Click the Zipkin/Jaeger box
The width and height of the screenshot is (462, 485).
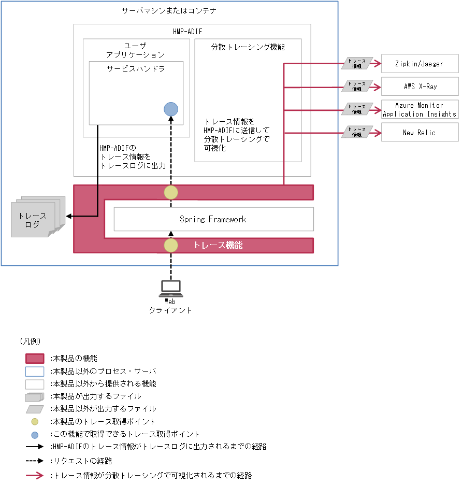click(420, 64)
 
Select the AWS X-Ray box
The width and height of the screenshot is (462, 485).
click(420, 87)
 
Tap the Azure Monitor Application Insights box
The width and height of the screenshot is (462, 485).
click(420, 109)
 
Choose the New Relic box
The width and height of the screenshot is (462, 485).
click(420, 133)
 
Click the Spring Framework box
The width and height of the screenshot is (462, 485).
click(213, 219)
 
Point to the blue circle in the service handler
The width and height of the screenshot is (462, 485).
click(171, 109)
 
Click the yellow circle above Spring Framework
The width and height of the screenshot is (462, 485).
click(171, 192)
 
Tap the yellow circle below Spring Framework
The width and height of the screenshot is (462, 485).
click(171, 245)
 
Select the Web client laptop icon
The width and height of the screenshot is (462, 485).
click(170, 287)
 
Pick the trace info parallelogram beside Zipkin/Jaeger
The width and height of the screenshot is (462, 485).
click(357, 63)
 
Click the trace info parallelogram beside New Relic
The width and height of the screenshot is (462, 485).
click(357, 132)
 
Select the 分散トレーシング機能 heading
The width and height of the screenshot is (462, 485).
click(248, 47)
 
